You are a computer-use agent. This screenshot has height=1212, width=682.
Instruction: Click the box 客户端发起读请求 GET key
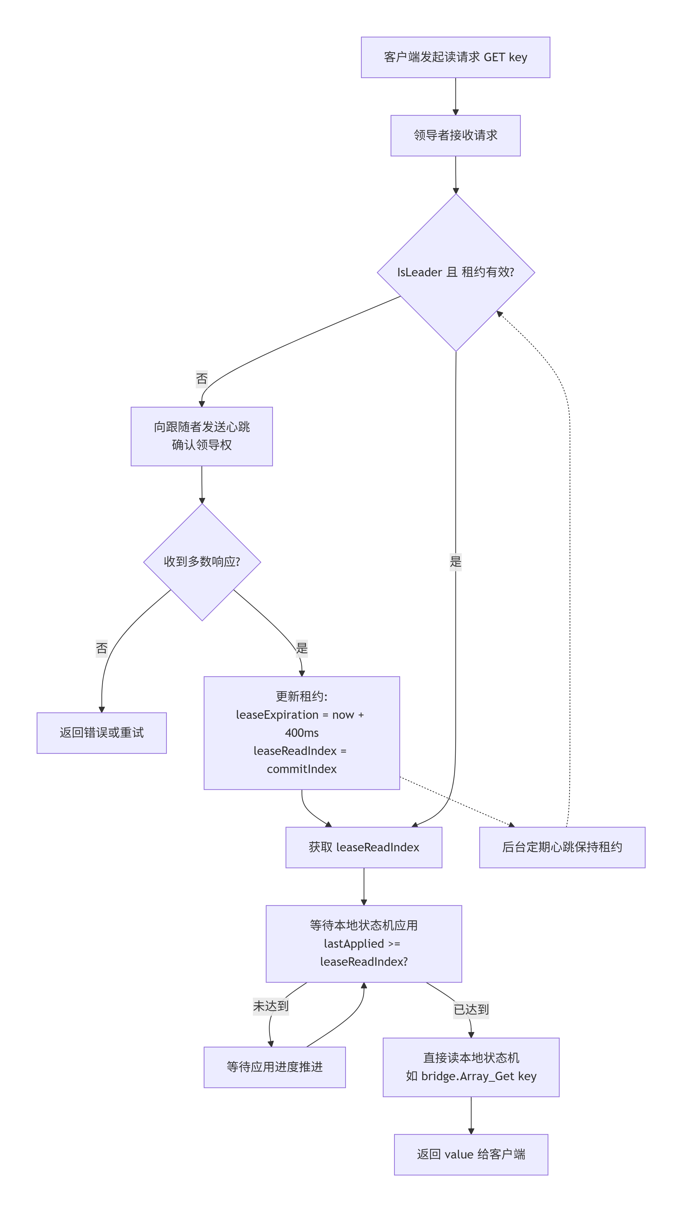click(455, 57)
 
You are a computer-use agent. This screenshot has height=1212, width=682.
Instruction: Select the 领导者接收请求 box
click(455, 136)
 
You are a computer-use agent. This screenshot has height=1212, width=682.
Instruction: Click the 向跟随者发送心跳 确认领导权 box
click(202, 436)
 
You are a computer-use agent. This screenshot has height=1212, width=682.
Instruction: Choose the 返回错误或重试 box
click(102, 733)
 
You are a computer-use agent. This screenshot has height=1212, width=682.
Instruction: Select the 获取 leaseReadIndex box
click(364, 847)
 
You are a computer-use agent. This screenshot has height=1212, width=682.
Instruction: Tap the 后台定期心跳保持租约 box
click(562, 847)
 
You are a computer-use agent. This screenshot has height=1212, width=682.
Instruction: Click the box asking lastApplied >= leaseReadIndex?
click(364, 944)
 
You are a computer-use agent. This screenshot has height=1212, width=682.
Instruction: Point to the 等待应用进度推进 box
click(275, 1067)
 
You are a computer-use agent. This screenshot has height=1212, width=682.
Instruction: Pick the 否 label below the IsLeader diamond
click(202, 379)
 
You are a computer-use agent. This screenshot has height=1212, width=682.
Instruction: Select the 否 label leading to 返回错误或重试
click(102, 648)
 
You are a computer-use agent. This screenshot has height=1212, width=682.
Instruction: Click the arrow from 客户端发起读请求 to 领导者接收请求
click(455, 96)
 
